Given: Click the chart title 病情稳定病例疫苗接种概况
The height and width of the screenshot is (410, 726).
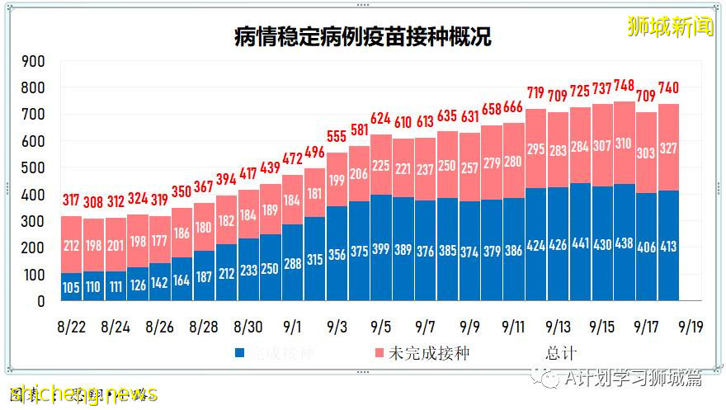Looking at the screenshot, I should click(362, 37).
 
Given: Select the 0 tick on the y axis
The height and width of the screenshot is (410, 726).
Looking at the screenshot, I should click(40, 301).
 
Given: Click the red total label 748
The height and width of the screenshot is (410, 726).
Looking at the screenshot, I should click(624, 86).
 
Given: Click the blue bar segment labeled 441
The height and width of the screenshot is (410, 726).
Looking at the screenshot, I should click(580, 244).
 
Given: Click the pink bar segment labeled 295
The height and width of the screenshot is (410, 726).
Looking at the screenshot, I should click(536, 148).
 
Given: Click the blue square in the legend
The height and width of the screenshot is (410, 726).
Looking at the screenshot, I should click(240, 353).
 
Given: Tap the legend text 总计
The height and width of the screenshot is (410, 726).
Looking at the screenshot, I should click(560, 353).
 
